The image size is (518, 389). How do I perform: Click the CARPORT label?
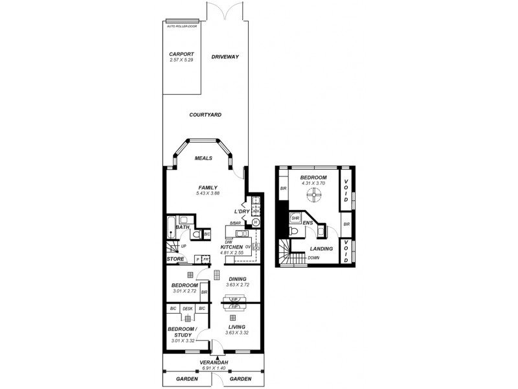[x=181, y=54]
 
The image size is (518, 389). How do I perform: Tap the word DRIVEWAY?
[x=225, y=57]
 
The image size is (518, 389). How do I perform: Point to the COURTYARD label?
[x=205, y=115]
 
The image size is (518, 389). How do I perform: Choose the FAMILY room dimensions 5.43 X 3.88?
[x=208, y=193]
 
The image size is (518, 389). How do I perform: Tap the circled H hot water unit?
[x=255, y=222]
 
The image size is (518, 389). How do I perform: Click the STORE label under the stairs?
[x=175, y=259]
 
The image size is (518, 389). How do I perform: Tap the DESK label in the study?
[x=187, y=309]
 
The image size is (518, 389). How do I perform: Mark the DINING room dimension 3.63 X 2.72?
[x=238, y=285]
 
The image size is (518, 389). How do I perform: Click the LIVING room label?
[x=238, y=327]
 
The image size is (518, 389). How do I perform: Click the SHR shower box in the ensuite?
[x=295, y=218]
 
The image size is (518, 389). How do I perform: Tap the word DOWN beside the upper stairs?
[x=313, y=257]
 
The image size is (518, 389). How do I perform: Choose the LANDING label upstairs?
[x=321, y=248]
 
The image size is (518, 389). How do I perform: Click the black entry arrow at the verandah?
[x=217, y=357]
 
